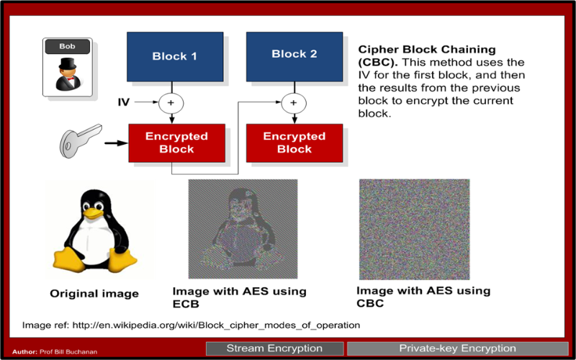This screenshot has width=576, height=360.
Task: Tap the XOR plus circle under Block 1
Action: coord(171,103)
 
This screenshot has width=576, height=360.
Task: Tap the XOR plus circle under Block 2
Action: coord(293,103)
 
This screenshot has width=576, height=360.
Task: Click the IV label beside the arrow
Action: coord(124,103)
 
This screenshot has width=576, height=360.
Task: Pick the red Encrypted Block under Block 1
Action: coord(176,143)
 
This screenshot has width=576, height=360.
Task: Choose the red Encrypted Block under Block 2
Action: coord(294,143)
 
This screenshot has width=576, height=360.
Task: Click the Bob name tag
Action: coord(67,47)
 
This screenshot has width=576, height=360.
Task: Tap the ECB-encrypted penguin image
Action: coord(242,229)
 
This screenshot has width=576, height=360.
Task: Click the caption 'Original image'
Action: coord(94,294)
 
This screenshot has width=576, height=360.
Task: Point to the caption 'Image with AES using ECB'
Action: coord(239,297)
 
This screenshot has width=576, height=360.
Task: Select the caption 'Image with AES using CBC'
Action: coord(423,297)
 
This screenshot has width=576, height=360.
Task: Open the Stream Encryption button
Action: coord(274,348)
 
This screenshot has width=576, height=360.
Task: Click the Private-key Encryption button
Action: coord(457,348)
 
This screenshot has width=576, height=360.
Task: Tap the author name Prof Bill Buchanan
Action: coord(71,352)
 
